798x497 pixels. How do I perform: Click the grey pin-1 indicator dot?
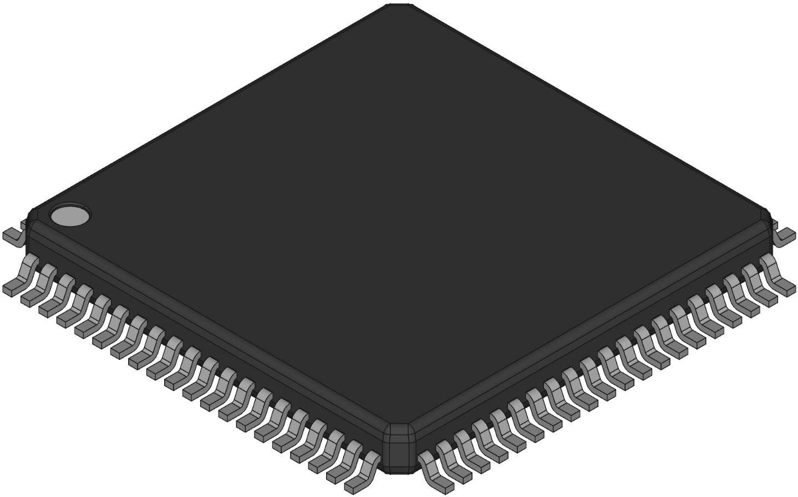pyautogui.click(x=70, y=215)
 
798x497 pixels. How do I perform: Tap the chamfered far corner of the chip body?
pyautogui.click(x=399, y=7)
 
